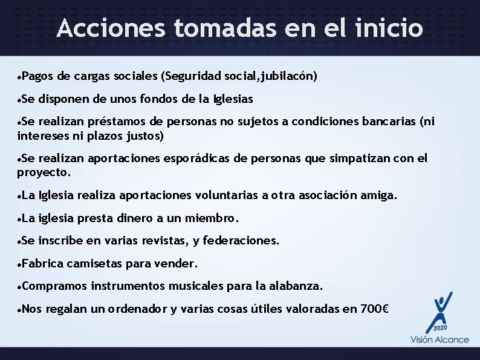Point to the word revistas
163,241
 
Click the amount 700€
375,309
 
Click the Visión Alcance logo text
439,339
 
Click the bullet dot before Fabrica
21,264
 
